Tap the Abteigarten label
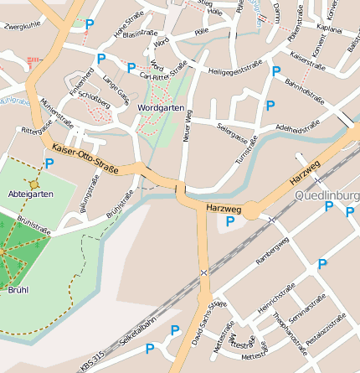point(30,194)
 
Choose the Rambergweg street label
point(271,251)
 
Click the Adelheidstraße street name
point(293,128)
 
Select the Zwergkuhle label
point(23,27)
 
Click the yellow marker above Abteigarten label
point(34,184)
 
